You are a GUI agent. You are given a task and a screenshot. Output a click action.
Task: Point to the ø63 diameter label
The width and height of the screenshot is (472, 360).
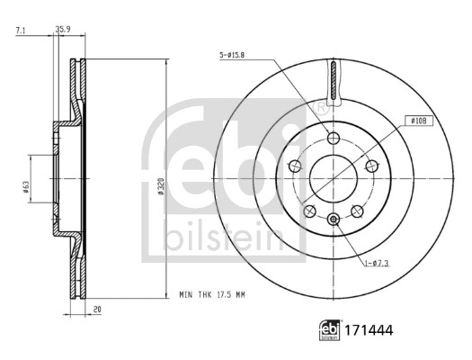(25, 189)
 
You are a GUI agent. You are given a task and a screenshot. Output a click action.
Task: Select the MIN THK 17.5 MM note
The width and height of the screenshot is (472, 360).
(212, 294)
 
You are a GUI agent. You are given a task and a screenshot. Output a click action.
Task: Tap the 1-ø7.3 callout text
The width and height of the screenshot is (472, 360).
(377, 263)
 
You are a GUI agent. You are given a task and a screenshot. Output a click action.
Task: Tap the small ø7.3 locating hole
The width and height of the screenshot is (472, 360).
(334, 219)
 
